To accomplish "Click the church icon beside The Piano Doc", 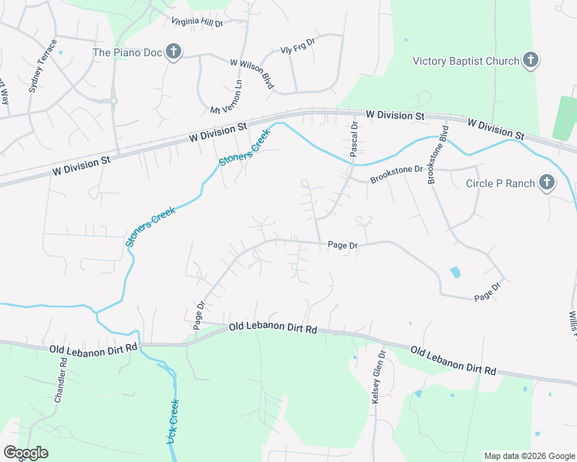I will (174, 52).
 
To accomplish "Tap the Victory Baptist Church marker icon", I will (530, 61).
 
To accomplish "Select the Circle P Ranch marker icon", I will (546, 183).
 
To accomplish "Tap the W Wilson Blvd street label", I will (252, 74).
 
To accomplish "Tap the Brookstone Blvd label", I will (437, 154).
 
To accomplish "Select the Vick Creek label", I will (173, 421).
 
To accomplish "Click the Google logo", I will (25, 453).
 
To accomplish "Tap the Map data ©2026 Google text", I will (529, 456).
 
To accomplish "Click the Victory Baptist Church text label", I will (465, 61).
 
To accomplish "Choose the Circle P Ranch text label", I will (501, 183).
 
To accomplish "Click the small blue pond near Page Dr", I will (455, 272).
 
